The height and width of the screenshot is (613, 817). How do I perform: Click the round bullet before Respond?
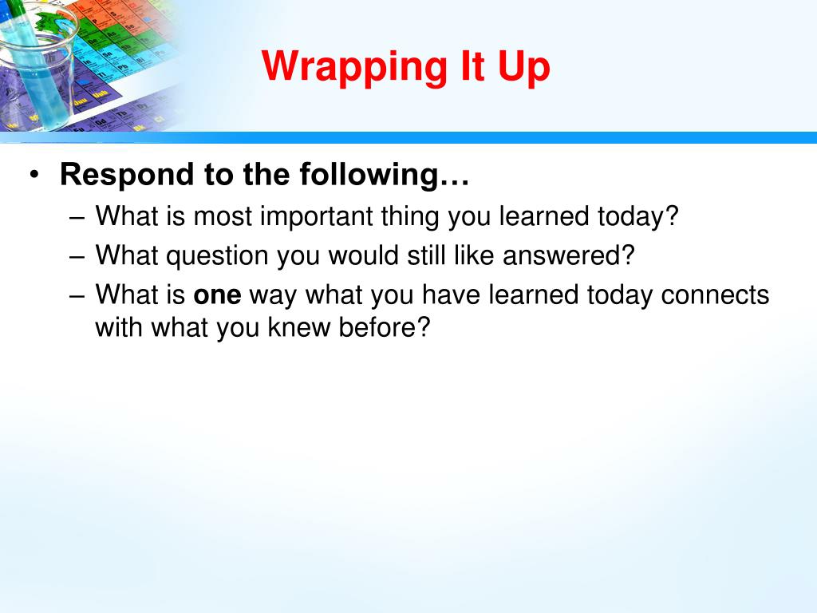click(34, 174)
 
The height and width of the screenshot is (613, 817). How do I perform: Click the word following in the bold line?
click(369, 175)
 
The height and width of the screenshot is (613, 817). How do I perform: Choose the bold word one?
click(217, 295)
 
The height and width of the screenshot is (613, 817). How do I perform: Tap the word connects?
click(715, 295)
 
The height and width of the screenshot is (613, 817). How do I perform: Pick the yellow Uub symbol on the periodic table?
click(101, 94)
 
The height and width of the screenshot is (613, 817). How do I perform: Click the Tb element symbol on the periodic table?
click(122, 113)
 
